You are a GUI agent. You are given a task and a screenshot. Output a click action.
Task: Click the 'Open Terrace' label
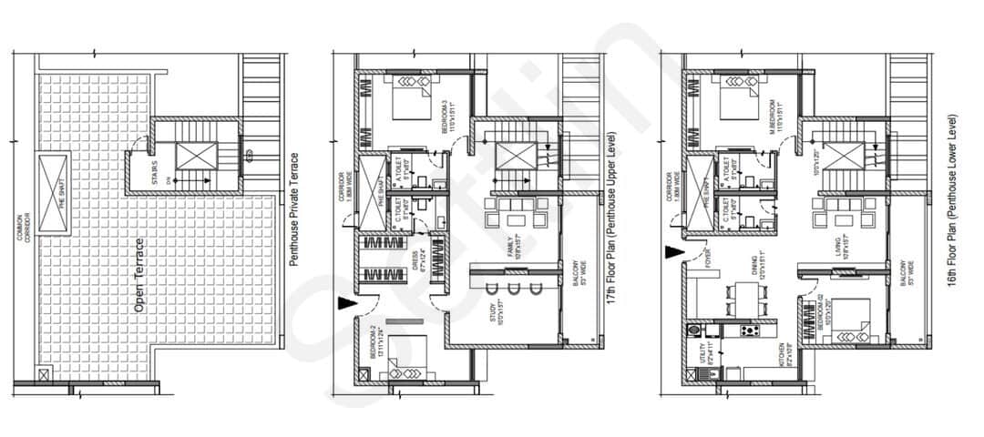coord(140,276)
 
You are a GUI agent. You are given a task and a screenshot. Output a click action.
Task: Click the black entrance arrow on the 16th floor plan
coord(674,257)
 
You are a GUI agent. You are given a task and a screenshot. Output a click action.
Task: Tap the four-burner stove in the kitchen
coord(752,330)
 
